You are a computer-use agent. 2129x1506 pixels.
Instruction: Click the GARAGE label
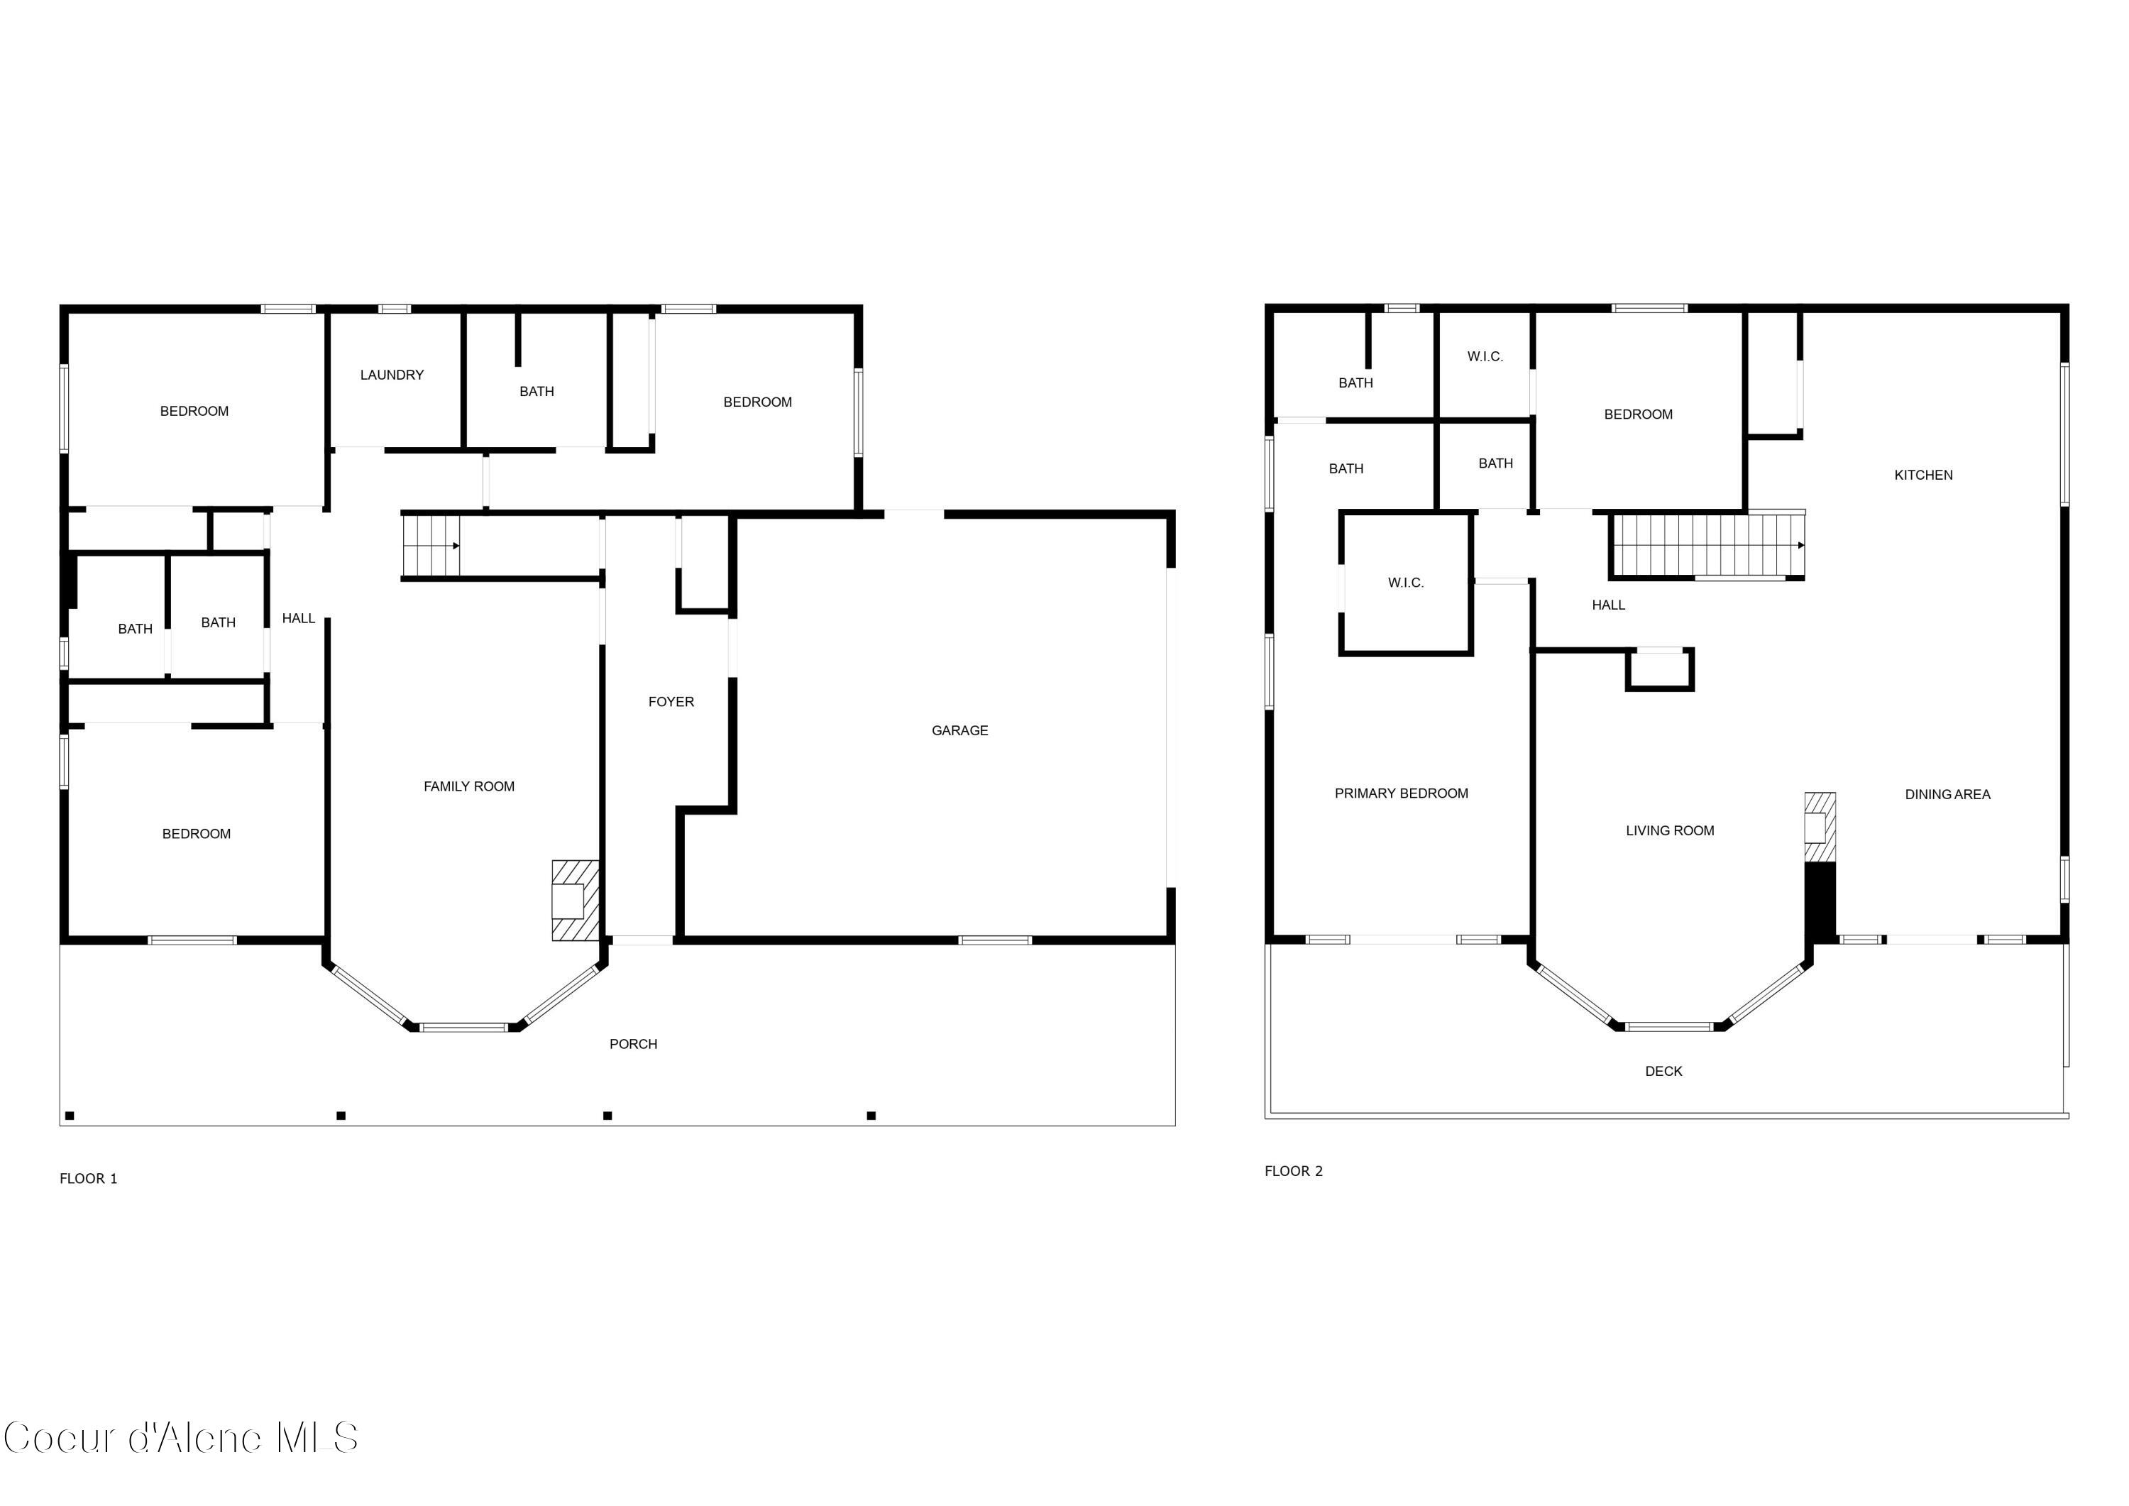coord(959,731)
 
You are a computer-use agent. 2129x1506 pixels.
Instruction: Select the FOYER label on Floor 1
coord(671,702)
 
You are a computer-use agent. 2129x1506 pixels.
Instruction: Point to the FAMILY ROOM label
coord(468,786)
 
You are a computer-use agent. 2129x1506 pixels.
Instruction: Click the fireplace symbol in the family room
coord(574,901)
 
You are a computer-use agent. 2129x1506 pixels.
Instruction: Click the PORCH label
coord(632,1044)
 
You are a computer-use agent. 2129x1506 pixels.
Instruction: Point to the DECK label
coord(1663,1071)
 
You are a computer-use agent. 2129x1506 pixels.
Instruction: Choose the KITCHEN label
coord(1922,475)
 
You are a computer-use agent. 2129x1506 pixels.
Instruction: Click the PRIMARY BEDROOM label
coord(1400,793)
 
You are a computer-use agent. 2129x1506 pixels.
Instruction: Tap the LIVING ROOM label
coord(1669,831)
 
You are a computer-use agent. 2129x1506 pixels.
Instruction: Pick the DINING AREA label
coord(1947,795)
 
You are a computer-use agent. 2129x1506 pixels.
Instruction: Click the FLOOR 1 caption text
coord(88,1179)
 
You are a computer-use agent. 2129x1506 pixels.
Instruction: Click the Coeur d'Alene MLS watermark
coord(181,1439)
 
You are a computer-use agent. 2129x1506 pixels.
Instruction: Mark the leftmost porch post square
coord(70,1116)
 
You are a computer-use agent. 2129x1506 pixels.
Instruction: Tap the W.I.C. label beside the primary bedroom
coord(1405,583)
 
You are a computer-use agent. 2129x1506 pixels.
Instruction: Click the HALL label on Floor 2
coord(1608,605)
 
